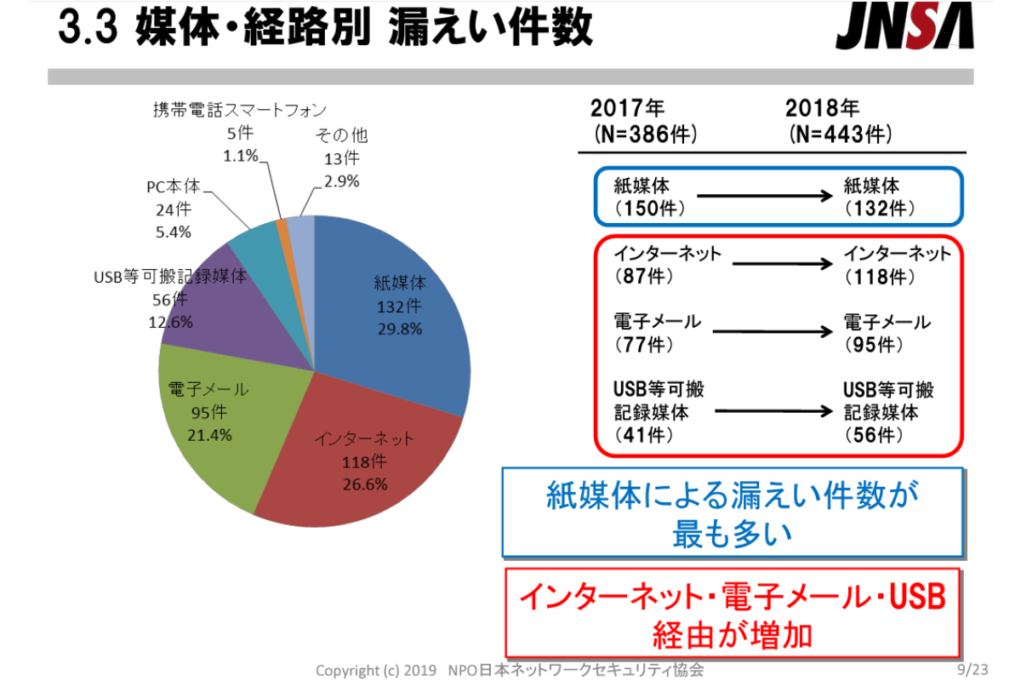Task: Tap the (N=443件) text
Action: (x=840, y=134)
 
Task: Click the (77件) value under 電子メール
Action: (x=643, y=345)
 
